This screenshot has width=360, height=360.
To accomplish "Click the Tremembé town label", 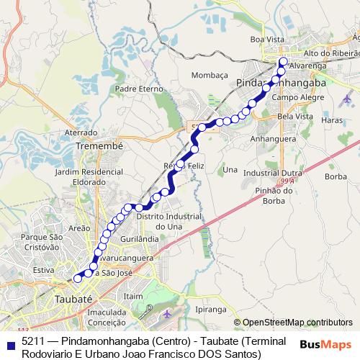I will click(100, 145).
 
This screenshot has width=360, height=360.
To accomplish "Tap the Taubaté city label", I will click(73, 298).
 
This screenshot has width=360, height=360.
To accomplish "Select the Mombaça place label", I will click(210, 74).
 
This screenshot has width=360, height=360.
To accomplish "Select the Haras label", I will click(333, 120).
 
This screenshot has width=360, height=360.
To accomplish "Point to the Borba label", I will click(336, 176).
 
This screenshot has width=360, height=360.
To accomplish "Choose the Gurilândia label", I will click(140, 238).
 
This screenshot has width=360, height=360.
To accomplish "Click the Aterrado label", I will click(81, 132).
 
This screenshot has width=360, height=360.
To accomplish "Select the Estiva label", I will click(44, 270).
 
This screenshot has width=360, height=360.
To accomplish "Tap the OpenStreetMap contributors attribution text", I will click(297, 323).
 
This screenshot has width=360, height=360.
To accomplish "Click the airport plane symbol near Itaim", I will click(167, 314).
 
